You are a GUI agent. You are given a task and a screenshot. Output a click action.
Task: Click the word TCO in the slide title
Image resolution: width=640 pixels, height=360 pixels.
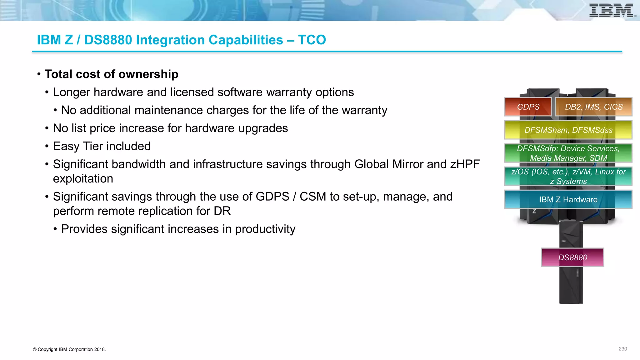pyautogui.click(x=312, y=40)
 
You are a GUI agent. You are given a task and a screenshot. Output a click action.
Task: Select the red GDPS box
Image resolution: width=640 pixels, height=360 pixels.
pyautogui.click(x=528, y=107)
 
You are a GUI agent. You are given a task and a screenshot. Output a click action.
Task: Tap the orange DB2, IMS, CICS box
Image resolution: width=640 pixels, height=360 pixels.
pyautogui.click(x=594, y=107)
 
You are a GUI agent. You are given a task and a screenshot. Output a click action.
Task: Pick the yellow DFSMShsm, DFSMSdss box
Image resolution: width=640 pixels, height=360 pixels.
pyautogui.click(x=568, y=130)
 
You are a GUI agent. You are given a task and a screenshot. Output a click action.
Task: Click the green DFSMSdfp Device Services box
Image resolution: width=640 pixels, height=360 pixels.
pyautogui.click(x=568, y=153)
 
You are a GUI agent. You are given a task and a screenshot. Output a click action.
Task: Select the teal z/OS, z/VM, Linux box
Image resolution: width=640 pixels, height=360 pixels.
pyautogui.click(x=568, y=176)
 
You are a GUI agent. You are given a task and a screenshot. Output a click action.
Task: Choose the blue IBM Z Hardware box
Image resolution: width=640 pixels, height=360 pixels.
pyautogui.click(x=568, y=199)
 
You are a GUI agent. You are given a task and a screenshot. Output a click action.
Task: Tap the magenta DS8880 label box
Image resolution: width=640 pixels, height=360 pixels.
pyautogui.click(x=572, y=257)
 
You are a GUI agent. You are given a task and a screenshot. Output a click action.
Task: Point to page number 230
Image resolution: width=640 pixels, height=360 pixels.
pyautogui.click(x=622, y=349)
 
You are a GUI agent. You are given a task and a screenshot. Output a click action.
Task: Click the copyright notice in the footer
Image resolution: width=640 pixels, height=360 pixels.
pyautogui.click(x=69, y=349)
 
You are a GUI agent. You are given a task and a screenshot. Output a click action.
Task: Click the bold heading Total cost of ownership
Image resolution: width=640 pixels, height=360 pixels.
pyautogui.click(x=112, y=74)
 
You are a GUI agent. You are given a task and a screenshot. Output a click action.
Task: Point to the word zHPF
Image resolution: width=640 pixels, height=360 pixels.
pyautogui.click(x=465, y=164)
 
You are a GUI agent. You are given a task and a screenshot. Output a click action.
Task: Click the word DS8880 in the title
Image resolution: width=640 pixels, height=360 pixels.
pyautogui.click(x=108, y=40)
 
